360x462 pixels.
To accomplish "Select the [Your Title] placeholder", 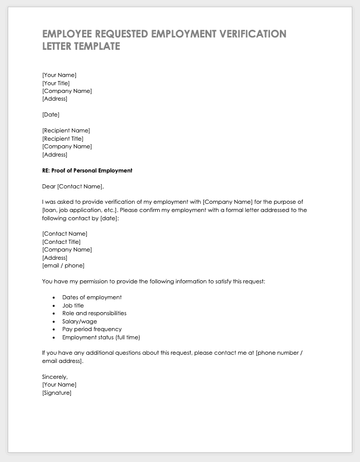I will (55, 83).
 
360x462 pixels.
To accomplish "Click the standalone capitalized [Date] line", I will (50, 114).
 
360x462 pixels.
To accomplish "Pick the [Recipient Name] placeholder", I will (66, 130).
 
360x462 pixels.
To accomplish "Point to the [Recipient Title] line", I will (63, 139).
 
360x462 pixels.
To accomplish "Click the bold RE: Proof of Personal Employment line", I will (87, 170).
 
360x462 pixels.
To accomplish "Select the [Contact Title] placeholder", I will (61, 242).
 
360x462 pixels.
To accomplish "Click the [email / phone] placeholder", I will (63, 265).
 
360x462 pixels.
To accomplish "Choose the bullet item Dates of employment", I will (92, 297).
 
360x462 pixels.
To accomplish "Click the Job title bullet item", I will (73, 305).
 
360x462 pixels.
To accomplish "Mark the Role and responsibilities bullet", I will (94, 313).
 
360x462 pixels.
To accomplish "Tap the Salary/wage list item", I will (80, 321).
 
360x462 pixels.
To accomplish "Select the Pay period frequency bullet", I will (92, 329).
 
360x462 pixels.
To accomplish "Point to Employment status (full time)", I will (101, 337).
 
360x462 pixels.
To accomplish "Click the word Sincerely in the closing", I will (54, 377).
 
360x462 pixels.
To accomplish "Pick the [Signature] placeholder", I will (56, 393).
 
